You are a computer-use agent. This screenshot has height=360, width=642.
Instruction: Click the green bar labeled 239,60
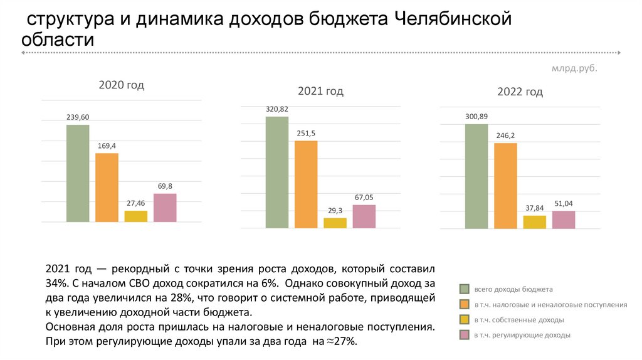coord(78,173)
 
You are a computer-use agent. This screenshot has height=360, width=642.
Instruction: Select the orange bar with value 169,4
coord(107,188)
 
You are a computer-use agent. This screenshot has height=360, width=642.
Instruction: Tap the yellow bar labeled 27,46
coord(135,216)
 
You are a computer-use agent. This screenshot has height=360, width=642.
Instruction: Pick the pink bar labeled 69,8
coord(165,208)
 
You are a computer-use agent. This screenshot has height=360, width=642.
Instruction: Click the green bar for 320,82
coord(276,172)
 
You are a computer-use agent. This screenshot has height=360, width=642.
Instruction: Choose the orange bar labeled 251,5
coord(306,184)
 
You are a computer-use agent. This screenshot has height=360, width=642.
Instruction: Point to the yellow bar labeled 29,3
coord(335,223)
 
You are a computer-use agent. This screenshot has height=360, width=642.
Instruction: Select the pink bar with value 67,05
coord(364,216)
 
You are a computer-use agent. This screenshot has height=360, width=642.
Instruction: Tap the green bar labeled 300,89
coord(476,176)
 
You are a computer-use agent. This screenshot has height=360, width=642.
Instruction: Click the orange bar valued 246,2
coord(505,186)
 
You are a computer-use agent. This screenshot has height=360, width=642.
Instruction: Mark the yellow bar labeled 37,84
coord(534,222)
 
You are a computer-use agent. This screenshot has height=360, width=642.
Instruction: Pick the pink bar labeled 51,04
coord(564,220)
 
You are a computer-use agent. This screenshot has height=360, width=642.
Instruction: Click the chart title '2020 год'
coord(122,85)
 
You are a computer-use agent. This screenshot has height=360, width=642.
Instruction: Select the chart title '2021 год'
coord(320,91)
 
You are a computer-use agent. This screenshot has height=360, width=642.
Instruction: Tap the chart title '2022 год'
coord(520,92)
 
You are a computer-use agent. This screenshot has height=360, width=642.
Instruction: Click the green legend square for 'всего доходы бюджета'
coord(465,289)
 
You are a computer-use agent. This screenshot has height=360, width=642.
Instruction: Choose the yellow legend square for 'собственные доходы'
coord(465,320)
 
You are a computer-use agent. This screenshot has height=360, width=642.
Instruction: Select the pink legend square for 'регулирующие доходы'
coord(465,336)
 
